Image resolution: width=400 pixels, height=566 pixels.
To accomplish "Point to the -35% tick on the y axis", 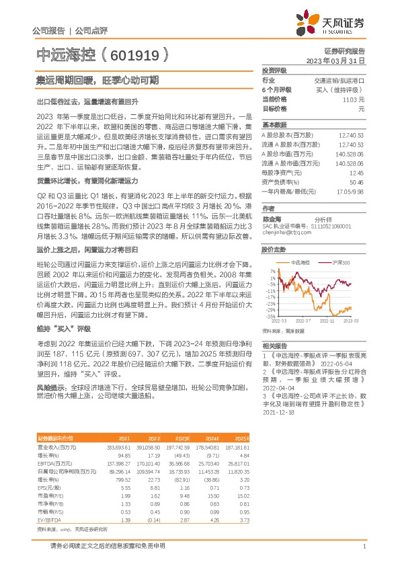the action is coord(270,316).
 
